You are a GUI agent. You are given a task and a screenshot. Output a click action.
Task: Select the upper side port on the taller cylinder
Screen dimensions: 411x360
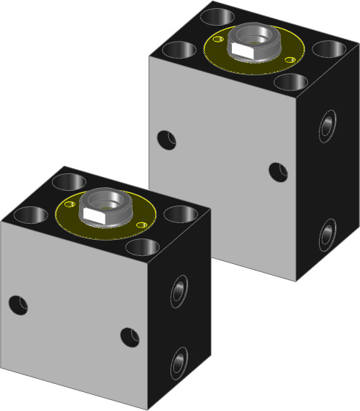coord(327,126)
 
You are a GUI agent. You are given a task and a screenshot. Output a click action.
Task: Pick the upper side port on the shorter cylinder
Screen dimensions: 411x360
coord(179,290)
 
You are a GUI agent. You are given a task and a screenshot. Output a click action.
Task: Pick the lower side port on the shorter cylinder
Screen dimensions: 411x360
coord(179,364)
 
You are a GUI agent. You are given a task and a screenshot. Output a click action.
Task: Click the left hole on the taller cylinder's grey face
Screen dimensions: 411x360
coord(167,140)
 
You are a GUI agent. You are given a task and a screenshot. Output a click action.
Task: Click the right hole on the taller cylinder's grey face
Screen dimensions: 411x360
coord(278,172)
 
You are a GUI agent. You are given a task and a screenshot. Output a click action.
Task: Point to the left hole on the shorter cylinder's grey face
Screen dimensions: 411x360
coord(18,304)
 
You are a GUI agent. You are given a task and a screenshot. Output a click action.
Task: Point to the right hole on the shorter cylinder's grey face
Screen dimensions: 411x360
coord(130,336)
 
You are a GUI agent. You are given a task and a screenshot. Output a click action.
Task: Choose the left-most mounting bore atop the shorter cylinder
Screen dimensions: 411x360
coord(29,215)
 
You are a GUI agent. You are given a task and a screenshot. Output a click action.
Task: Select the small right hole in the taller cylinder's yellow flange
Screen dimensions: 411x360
coord(290,59)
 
